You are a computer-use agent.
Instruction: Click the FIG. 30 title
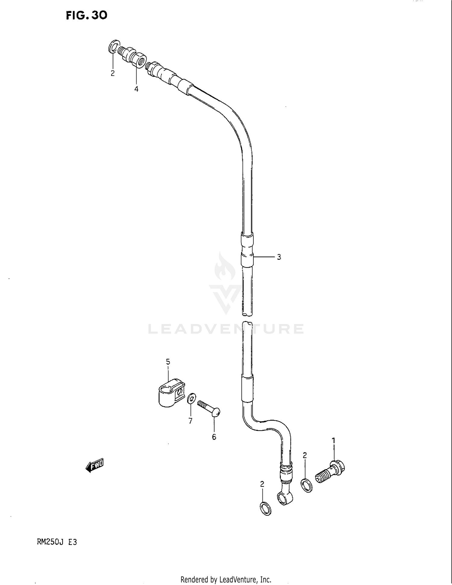(86, 15)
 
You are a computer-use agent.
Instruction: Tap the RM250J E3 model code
(57, 542)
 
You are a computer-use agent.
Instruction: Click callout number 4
(136, 89)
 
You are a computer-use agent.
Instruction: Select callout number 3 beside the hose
(279, 257)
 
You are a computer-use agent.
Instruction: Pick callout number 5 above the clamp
(168, 361)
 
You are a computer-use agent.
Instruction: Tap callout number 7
(190, 421)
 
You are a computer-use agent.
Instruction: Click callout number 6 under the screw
(214, 437)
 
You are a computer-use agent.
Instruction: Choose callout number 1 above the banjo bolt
(334, 441)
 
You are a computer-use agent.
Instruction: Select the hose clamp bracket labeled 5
(171, 393)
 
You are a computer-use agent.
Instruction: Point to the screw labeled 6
(209, 408)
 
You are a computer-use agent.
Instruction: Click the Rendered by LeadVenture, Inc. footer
(226, 579)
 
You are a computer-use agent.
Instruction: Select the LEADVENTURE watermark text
(226, 329)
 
